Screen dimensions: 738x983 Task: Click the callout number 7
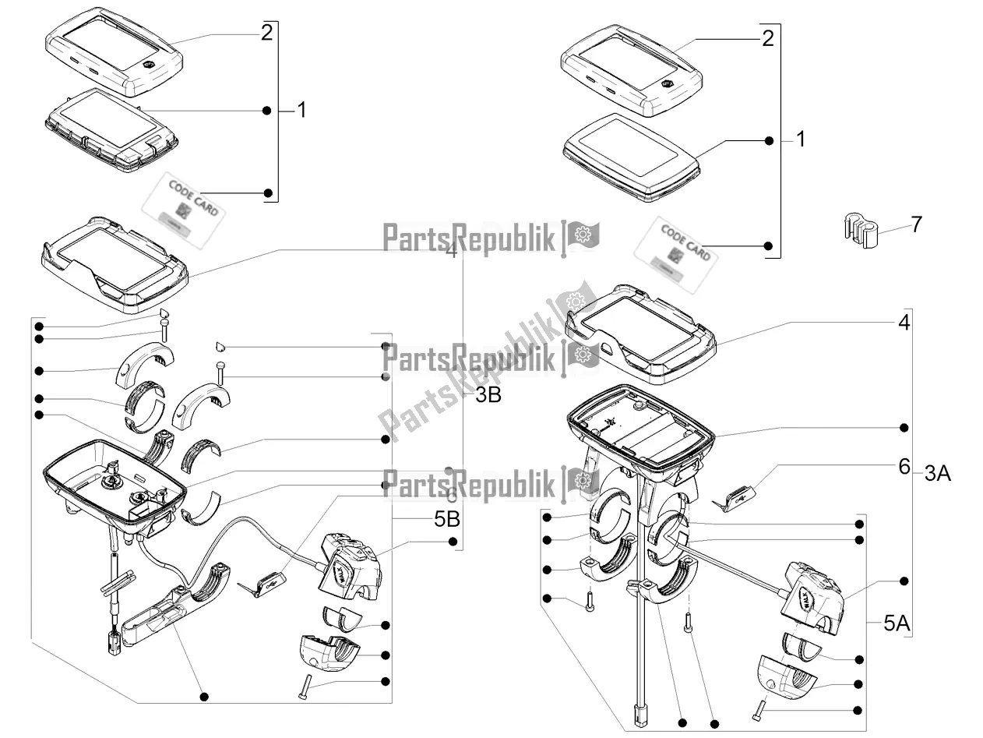point(916,224)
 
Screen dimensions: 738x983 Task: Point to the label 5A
point(897,623)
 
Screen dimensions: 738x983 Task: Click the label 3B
point(488,395)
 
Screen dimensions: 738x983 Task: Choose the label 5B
point(447,519)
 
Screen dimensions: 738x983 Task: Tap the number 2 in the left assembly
point(266,33)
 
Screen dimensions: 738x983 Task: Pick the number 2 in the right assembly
point(767,38)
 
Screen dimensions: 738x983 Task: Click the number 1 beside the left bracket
point(301,111)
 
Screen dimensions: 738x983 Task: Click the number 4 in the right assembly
point(904,322)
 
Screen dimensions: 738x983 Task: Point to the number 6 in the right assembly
point(904,467)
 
